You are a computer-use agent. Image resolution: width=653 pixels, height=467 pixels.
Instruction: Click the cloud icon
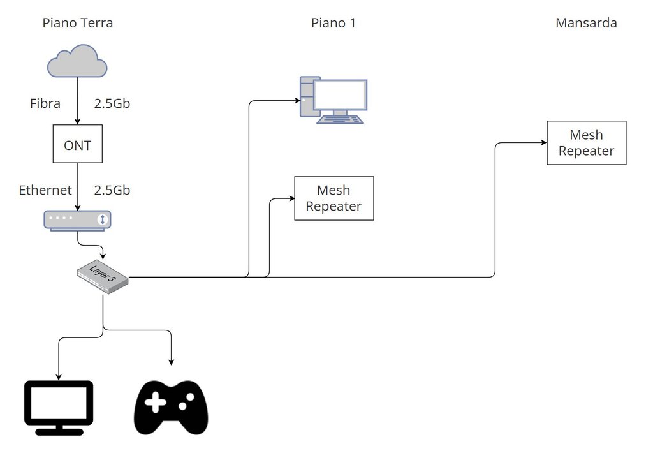click(x=77, y=62)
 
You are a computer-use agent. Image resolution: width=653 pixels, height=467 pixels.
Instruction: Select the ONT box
click(x=77, y=145)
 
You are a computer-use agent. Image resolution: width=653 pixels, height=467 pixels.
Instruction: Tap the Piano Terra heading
click(x=78, y=24)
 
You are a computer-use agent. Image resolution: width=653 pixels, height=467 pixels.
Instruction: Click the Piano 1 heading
click(x=334, y=24)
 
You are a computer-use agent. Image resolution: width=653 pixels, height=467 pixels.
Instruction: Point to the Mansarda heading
click(x=586, y=24)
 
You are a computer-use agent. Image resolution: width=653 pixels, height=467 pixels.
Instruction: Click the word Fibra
click(x=45, y=103)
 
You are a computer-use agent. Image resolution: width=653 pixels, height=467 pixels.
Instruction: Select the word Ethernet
click(x=45, y=190)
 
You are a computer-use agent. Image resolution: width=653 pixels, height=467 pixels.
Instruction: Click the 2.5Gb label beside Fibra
click(x=112, y=103)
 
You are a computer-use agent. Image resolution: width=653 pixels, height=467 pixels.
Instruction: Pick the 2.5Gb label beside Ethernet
click(x=112, y=190)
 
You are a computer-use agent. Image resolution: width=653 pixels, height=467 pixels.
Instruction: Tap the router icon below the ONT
click(x=77, y=219)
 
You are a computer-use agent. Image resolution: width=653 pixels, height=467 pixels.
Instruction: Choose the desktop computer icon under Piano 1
click(x=334, y=100)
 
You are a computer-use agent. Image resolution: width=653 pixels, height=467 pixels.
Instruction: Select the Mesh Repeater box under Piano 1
click(x=334, y=198)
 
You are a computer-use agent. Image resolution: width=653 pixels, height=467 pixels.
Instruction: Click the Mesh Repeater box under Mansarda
click(x=586, y=143)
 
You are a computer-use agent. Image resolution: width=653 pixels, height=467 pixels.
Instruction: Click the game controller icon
click(x=171, y=407)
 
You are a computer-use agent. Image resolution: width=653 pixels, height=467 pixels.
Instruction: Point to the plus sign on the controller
click(x=156, y=403)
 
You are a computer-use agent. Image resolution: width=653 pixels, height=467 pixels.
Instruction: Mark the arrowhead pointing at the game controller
click(x=171, y=362)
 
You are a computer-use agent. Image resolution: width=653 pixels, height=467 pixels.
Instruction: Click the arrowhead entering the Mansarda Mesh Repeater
click(x=543, y=143)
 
